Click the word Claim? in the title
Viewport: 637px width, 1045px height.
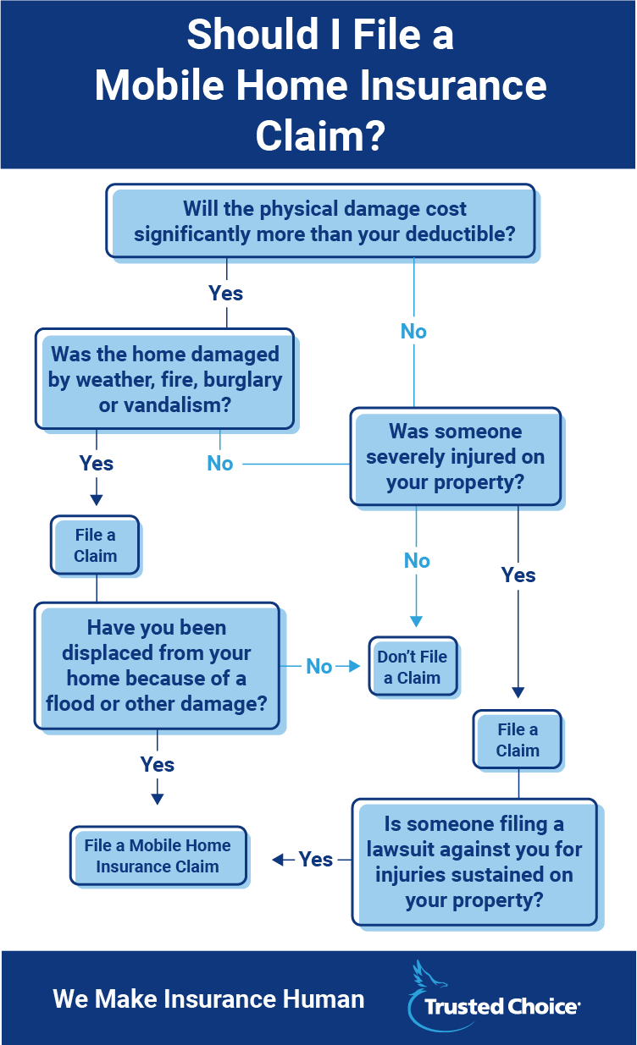320,135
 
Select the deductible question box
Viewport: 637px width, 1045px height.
321,221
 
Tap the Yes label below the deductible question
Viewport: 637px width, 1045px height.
226,294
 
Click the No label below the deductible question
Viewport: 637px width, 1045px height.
413,332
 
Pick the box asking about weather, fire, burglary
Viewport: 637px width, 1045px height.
165,379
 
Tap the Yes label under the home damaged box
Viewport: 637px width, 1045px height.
97,464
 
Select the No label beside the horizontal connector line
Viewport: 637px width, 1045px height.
220,464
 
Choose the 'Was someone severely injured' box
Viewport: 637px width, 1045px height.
456,457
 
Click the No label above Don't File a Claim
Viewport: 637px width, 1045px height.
417,561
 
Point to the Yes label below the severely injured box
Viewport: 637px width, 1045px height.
518,575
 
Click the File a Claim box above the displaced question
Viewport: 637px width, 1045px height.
95,546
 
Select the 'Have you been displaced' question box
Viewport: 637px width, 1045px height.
158,666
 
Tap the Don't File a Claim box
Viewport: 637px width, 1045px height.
413,667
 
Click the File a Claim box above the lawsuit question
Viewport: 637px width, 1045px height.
518,740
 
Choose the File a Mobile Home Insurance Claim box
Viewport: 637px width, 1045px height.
158,856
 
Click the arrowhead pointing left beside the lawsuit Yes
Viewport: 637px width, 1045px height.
277,860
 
